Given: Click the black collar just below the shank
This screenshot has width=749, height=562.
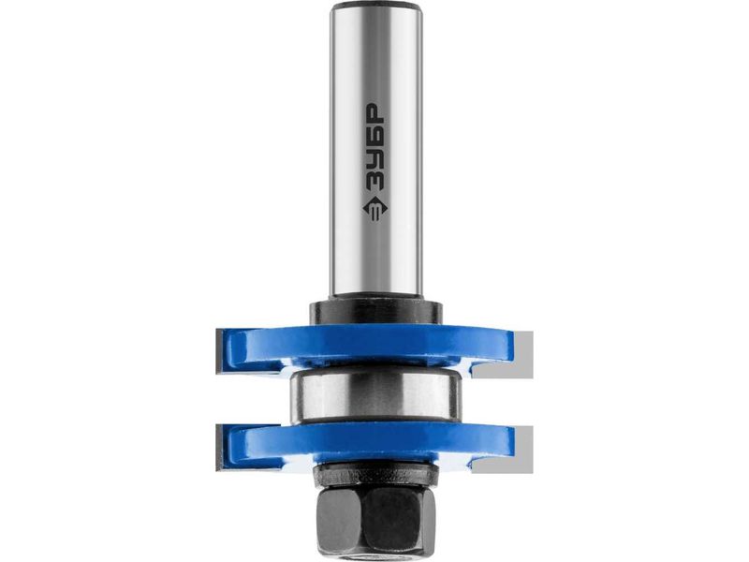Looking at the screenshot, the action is tap(375, 313).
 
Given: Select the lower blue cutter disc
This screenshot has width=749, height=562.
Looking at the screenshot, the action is tap(365, 444).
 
